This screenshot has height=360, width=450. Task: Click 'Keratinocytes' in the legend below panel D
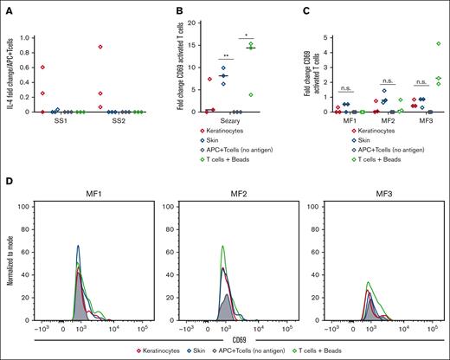click(154, 351)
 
